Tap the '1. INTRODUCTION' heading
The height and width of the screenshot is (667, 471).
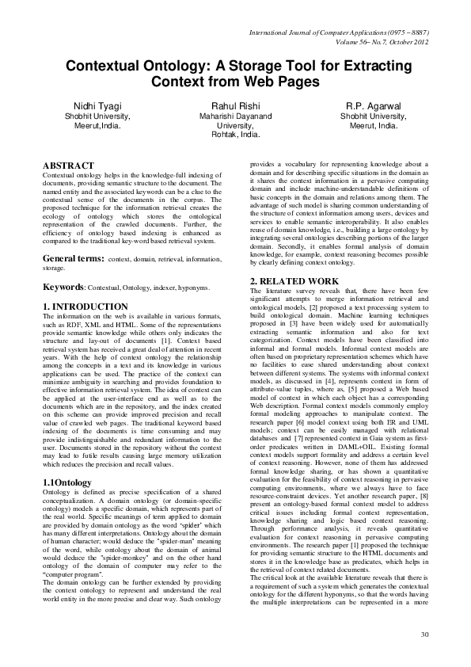tap(85, 306)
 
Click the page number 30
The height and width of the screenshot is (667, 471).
tap(424, 635)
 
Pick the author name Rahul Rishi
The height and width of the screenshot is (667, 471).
tap(234, 105)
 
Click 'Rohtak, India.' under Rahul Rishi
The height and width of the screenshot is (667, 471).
tap(234, 135)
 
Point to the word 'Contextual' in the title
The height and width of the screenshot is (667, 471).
tap(104, 66)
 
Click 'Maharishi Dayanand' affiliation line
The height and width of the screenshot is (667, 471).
tap(234, 116)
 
